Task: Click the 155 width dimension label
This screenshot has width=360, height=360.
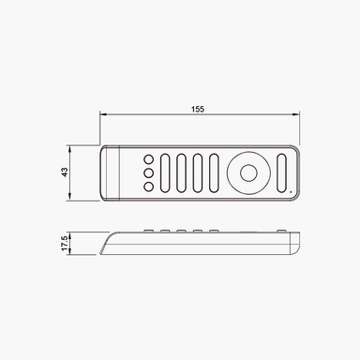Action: coord(198,110)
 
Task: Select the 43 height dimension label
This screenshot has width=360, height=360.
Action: coord(64,172)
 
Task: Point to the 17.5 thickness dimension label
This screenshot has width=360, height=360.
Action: coord(64,244)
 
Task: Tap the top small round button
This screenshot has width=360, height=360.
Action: coord(148,159)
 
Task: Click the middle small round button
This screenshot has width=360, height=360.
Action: coord(148,172)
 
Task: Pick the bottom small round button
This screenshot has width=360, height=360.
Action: coord(148,186)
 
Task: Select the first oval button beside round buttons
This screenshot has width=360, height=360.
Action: coord(167,172)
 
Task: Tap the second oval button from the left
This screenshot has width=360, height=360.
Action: coord(183,172)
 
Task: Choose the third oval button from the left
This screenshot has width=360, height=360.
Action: coord(199,172)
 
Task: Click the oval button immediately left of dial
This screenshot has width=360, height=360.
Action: coord(215,172)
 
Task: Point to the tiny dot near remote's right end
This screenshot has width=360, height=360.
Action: coord(292,193)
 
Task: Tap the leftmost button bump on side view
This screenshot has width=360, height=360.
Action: coord(147,231)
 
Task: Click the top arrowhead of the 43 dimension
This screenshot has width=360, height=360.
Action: coord(72,148)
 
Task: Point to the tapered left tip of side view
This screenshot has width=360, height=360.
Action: coord(101,250)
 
